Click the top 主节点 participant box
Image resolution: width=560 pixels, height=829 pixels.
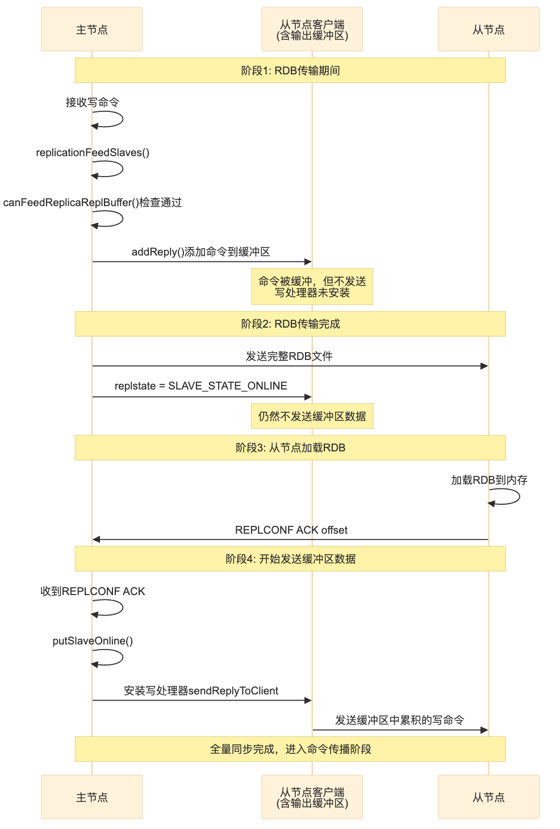pos(91,30)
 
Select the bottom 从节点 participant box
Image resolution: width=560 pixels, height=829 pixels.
pos(488,797)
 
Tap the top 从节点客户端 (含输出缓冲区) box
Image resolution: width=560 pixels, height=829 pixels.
pos(312,30)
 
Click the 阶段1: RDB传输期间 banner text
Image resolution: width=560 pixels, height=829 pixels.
pos(290,70)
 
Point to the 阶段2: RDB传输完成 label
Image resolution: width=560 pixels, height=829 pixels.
pos(290,324)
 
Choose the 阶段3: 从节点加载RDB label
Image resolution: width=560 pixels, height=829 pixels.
pos(290,447)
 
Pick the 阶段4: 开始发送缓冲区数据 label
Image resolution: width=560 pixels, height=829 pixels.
pos(290,559)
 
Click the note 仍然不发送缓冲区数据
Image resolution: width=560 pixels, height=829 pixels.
pos(312,416)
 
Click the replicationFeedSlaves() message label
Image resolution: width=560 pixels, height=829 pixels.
pos(93,152)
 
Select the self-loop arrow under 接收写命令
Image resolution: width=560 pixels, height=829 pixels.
pos(114,119)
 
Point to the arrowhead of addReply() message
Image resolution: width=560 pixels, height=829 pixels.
pos(308,262)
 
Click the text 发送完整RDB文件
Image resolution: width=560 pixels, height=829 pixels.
pos(289,356)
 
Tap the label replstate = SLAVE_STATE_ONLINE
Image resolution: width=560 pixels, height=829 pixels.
pos(200,386)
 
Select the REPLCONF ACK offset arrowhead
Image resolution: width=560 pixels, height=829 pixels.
pos(97,539)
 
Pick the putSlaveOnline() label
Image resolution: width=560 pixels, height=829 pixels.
pos(93,640)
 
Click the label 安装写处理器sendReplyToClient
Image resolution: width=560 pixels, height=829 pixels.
pos(201,690)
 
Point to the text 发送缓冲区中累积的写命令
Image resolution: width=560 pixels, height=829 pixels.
pos(400,720)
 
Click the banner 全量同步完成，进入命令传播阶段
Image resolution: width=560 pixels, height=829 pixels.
pos(290,749)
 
